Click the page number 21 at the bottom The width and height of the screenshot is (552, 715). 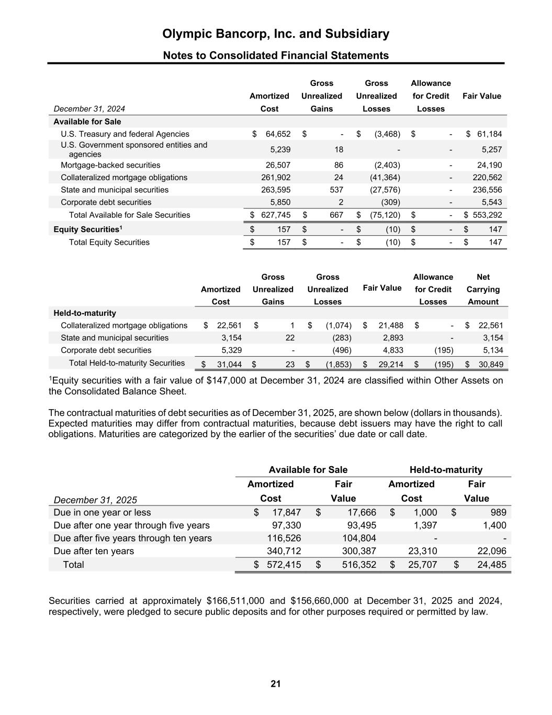276,684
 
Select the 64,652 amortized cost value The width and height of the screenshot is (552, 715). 278,134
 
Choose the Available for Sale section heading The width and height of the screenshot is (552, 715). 87,122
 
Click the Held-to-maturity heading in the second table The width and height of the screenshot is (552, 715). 85,313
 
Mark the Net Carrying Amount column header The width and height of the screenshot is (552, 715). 483,289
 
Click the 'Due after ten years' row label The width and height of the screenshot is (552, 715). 94,551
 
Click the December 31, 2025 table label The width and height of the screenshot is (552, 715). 95,500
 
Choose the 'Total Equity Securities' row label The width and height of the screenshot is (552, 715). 109,242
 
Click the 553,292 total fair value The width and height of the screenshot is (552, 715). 487,215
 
